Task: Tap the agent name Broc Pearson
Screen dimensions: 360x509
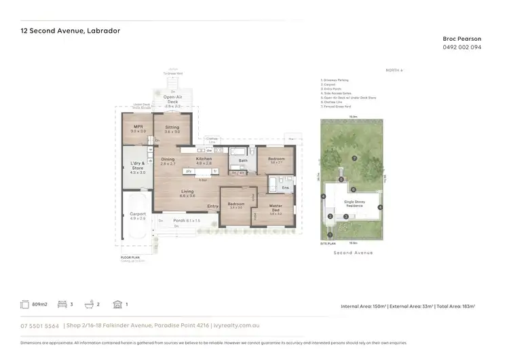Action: coord(462,39)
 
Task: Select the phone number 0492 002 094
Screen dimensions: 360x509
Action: coord(462,48)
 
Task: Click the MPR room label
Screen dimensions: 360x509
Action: coord(138,127)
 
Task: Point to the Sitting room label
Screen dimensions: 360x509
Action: coord(172,127)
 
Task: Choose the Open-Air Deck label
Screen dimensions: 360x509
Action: coord(172,101)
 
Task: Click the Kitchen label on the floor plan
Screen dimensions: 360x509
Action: coord(204,159)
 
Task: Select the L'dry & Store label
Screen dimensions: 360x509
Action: coord(138,166)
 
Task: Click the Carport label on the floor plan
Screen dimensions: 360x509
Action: coord(138,214)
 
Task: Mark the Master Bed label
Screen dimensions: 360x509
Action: coord(276,209)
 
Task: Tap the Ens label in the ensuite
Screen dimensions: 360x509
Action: coord(285,187)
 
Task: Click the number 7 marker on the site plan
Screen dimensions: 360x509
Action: coord(354,158)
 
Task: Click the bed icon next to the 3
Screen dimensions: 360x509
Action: coord(63,305)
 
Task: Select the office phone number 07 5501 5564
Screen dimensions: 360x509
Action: coord(39,326)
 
